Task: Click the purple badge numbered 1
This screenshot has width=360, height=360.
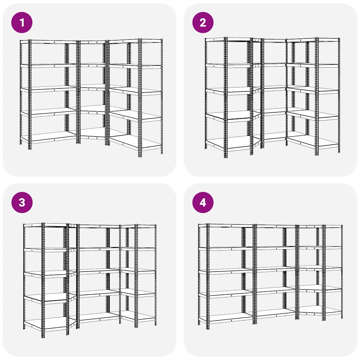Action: (x=22, y=22)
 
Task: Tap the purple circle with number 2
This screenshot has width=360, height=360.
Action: (x=203, y=22)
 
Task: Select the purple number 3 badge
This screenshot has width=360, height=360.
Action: (x=22, y=202)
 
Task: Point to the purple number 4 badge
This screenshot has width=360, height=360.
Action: (x=203, y=202)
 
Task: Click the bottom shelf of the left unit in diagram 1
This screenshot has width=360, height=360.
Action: (x=49, y=137)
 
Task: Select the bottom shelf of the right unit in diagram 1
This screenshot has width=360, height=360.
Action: (x=135, y=142)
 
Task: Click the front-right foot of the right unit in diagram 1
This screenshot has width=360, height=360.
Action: (x=140, y=156)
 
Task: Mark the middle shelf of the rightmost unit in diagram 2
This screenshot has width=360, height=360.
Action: (x=313, y=90)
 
